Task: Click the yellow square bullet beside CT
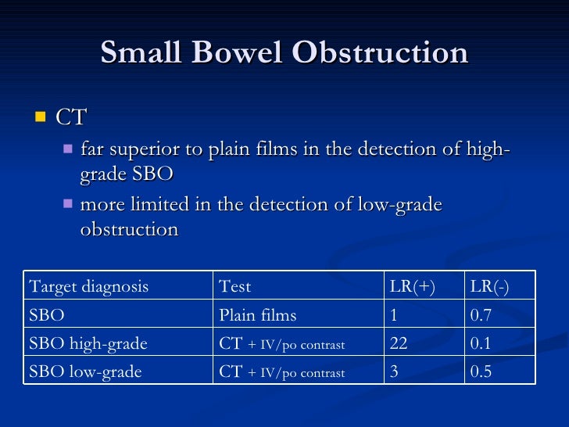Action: (x=40, y=117)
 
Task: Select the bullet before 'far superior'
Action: (x=68, y=149)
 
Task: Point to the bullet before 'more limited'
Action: (x=68, y=204)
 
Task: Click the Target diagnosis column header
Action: (x=88, y=287)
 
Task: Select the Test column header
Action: (x=235, y=287)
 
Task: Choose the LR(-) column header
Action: (x=489, y=287)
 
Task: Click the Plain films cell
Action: (x=258, y=315)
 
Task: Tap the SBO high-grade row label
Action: (x=88, y=343)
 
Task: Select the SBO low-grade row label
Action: (x=85, y=371)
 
